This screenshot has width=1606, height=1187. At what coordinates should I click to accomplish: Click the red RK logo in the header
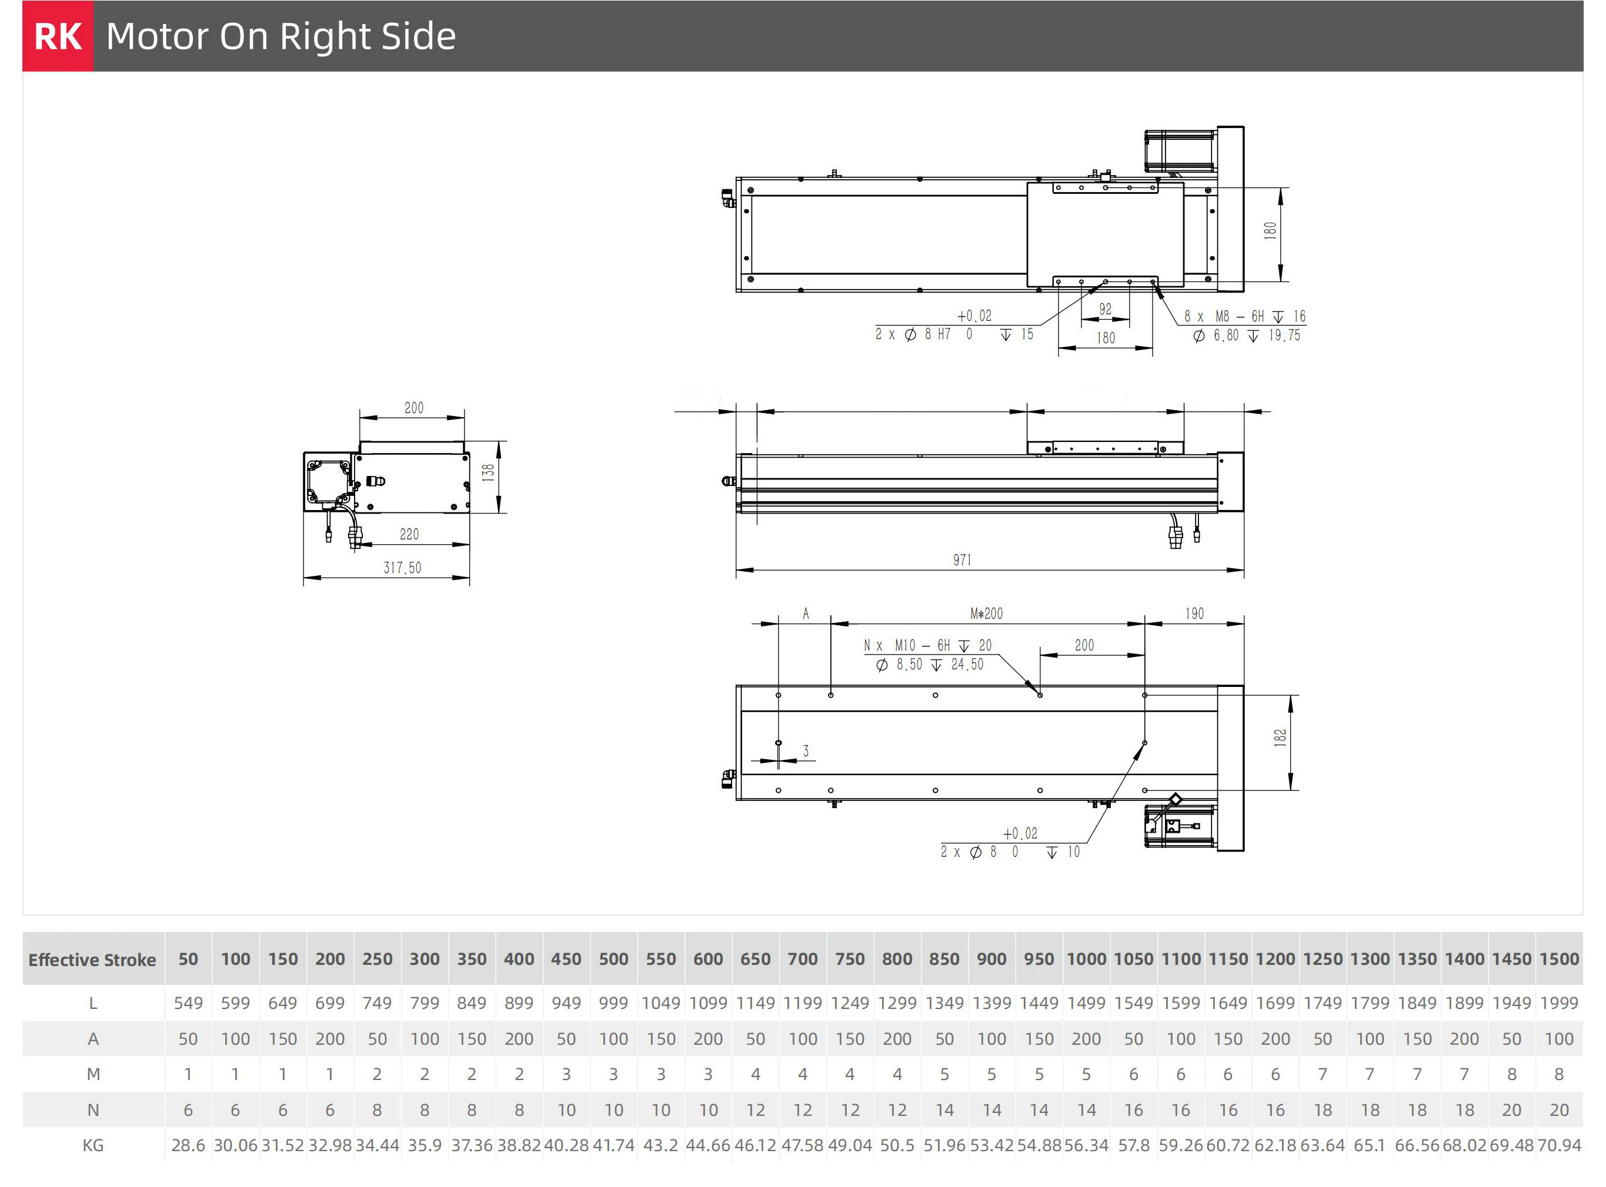click(x=58, y=36)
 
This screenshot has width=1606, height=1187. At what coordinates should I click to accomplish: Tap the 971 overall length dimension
click(x=962, y=560)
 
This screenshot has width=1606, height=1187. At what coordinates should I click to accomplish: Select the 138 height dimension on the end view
click(x=488, y=472)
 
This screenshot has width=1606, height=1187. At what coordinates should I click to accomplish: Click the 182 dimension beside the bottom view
click(x=1280, y=738)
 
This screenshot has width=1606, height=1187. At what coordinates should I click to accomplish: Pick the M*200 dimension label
click(x=986, y=613)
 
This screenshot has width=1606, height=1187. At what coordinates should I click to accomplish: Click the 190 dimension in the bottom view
click(x=1194, y=613)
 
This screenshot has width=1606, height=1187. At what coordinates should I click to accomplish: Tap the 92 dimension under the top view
click(x=1106, y=309)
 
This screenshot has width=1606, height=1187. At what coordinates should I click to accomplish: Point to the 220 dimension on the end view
click(x=409, y=534)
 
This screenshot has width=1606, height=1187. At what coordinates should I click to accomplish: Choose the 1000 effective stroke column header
click(x=1086, y=959)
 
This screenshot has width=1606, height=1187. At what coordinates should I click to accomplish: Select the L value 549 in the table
click(x=188, y=1003)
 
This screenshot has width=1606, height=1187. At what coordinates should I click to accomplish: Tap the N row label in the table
click(x=93, y=1110)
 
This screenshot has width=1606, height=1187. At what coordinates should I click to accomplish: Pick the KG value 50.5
click(x=897, y=1145)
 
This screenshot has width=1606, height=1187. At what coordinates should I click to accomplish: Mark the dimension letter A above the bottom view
click(x=806, y=613)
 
